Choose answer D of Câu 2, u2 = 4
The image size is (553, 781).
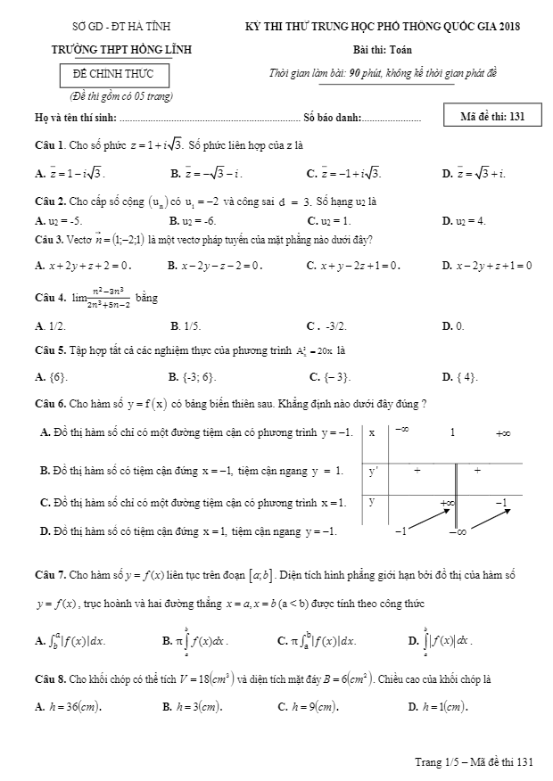pos(464,219)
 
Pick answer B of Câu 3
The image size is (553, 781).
pos(214,265)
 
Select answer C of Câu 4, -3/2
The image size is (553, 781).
pos(328,326)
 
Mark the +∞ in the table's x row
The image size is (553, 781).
pos(503,433)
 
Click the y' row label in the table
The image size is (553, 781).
pos(375,470)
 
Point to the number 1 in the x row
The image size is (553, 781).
pos(452,432)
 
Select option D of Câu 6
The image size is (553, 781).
pos(189,532)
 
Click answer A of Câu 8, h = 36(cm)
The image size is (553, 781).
pos(68,707)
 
